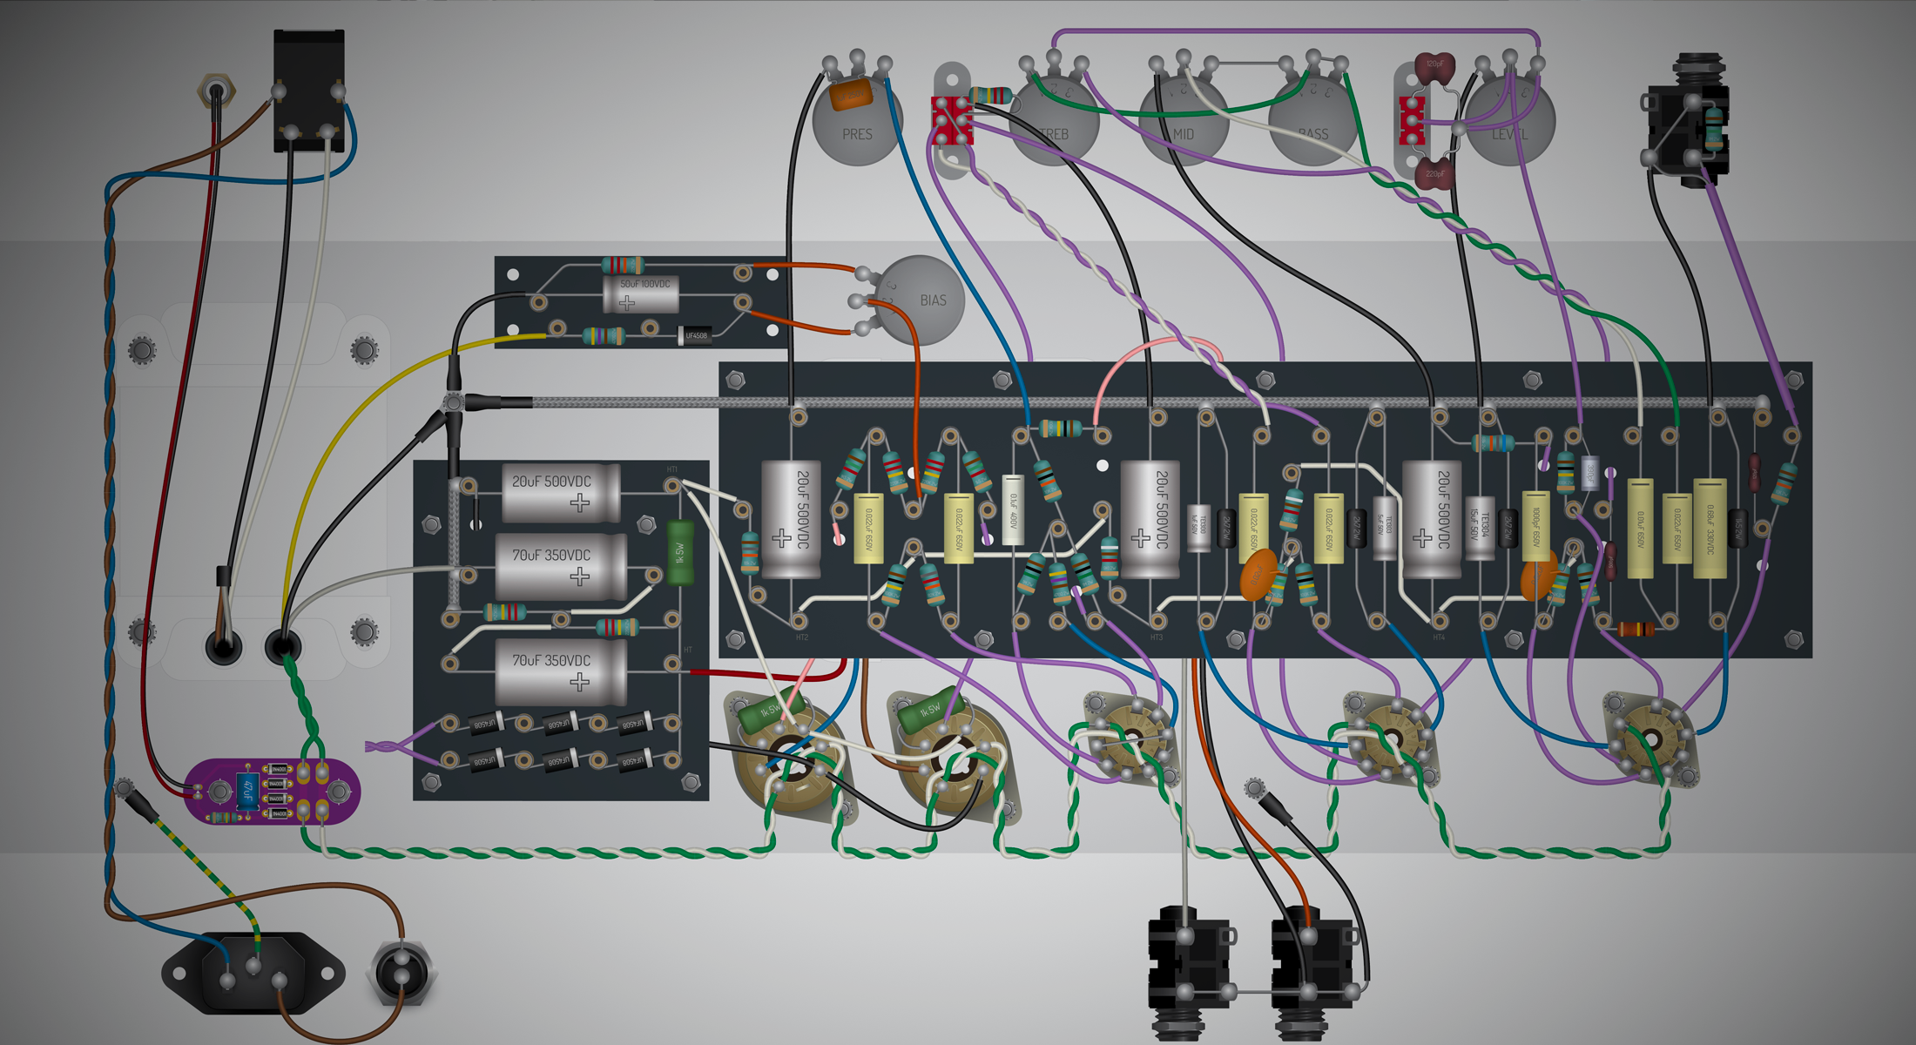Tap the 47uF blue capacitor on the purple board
(247, 791)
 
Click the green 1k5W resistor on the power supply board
(680, 552)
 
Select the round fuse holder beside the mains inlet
(401, 974)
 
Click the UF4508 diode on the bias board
(695, 335)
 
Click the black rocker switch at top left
(309, 91)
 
